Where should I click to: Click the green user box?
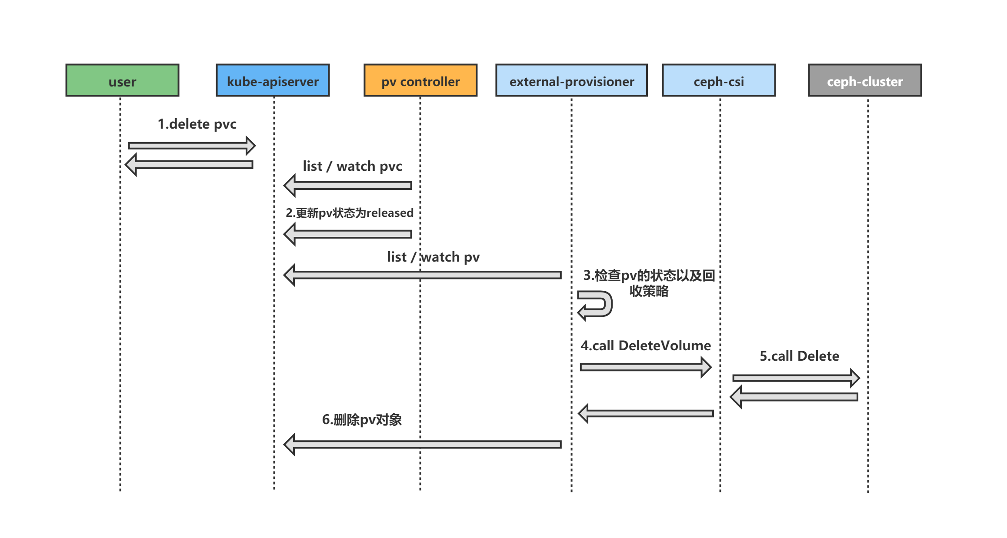122,80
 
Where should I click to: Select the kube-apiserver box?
273,80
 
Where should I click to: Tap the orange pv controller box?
420,80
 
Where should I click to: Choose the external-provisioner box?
571,80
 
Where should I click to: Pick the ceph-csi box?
719,80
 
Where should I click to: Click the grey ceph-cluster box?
865,80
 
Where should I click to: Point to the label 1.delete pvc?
197,124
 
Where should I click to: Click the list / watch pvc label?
352,166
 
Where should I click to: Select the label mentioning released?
350,213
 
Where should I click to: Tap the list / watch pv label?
433,257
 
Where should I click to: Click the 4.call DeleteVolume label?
646,345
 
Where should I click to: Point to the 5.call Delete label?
799,356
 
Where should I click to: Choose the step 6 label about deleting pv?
362,420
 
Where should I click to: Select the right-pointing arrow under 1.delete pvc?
192,146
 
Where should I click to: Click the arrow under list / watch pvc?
347,186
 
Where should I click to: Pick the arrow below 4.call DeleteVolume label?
646,367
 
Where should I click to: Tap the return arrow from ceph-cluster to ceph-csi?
794,397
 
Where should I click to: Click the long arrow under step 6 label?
422,445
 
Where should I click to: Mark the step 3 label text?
649,283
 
